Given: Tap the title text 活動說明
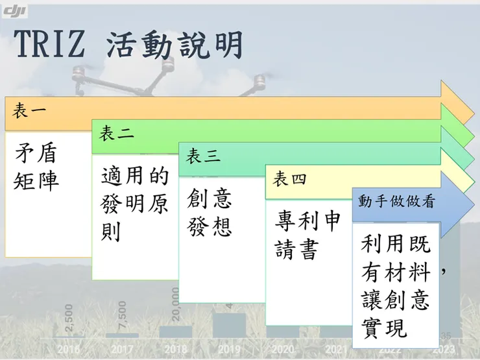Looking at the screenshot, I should tap(174, 45).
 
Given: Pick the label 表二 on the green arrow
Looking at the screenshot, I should tap(116, 134).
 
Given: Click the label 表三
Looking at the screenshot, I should tap(203, 156).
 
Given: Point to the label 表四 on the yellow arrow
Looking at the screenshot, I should tap(289, 179).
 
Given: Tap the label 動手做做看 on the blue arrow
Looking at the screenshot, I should tap(396, 202).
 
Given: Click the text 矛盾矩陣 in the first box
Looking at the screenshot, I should tap(36, 167).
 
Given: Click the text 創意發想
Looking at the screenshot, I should tap(210, 212).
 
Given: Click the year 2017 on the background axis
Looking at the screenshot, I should tap(123, 349).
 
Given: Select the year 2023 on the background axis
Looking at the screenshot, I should tap(443, 349).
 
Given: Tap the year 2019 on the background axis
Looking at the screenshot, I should tap(229, 349).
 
